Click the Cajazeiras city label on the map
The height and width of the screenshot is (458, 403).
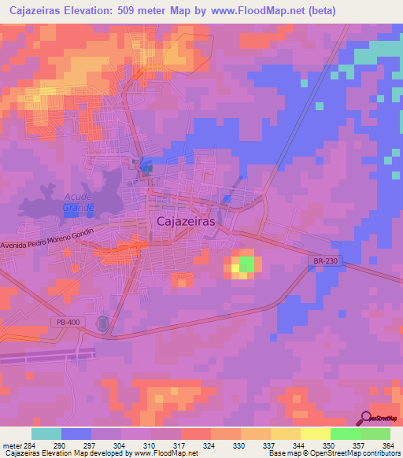click(187, 223)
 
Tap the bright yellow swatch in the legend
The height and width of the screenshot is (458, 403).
click(315, 434)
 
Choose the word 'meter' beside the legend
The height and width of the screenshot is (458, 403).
click(11, 446)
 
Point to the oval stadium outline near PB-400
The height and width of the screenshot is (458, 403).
click(104, 323)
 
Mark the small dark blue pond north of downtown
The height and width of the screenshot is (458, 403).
click(145, 167)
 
